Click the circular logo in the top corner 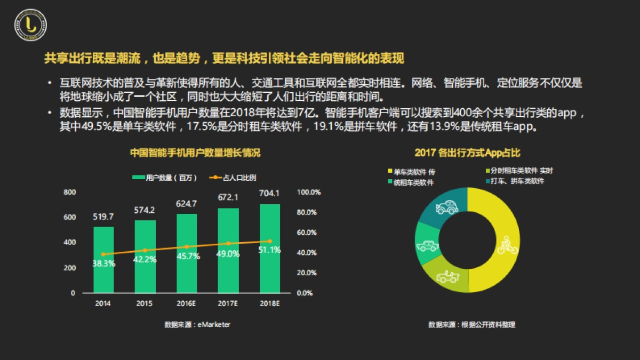click(x=30, y=25)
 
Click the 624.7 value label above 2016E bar click(x=187, y=203)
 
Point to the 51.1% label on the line click(x=269, y=250)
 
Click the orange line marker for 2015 click(x=145, y=250)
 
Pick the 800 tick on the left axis click(x=69, y=192)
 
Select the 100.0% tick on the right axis click(x=308, y=192)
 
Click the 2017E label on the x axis click(x=228, y=303)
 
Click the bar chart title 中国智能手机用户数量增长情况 click(x=195, y=153)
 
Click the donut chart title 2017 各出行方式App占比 click(x=467, y=153)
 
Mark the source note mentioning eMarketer click(x=197, y=324)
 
